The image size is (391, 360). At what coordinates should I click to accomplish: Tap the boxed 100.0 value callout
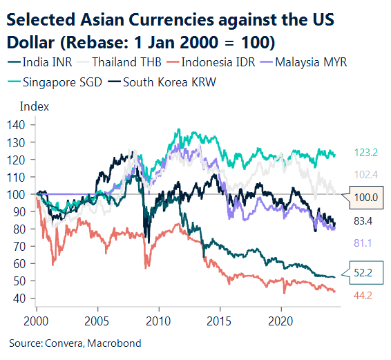(365, 198)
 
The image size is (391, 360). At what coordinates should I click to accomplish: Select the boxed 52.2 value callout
(365, 274)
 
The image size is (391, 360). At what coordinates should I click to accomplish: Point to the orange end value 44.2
(364, 296)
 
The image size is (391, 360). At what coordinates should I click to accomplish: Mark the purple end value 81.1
(364, 242)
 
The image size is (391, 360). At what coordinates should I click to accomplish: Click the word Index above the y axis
(34, 106)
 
